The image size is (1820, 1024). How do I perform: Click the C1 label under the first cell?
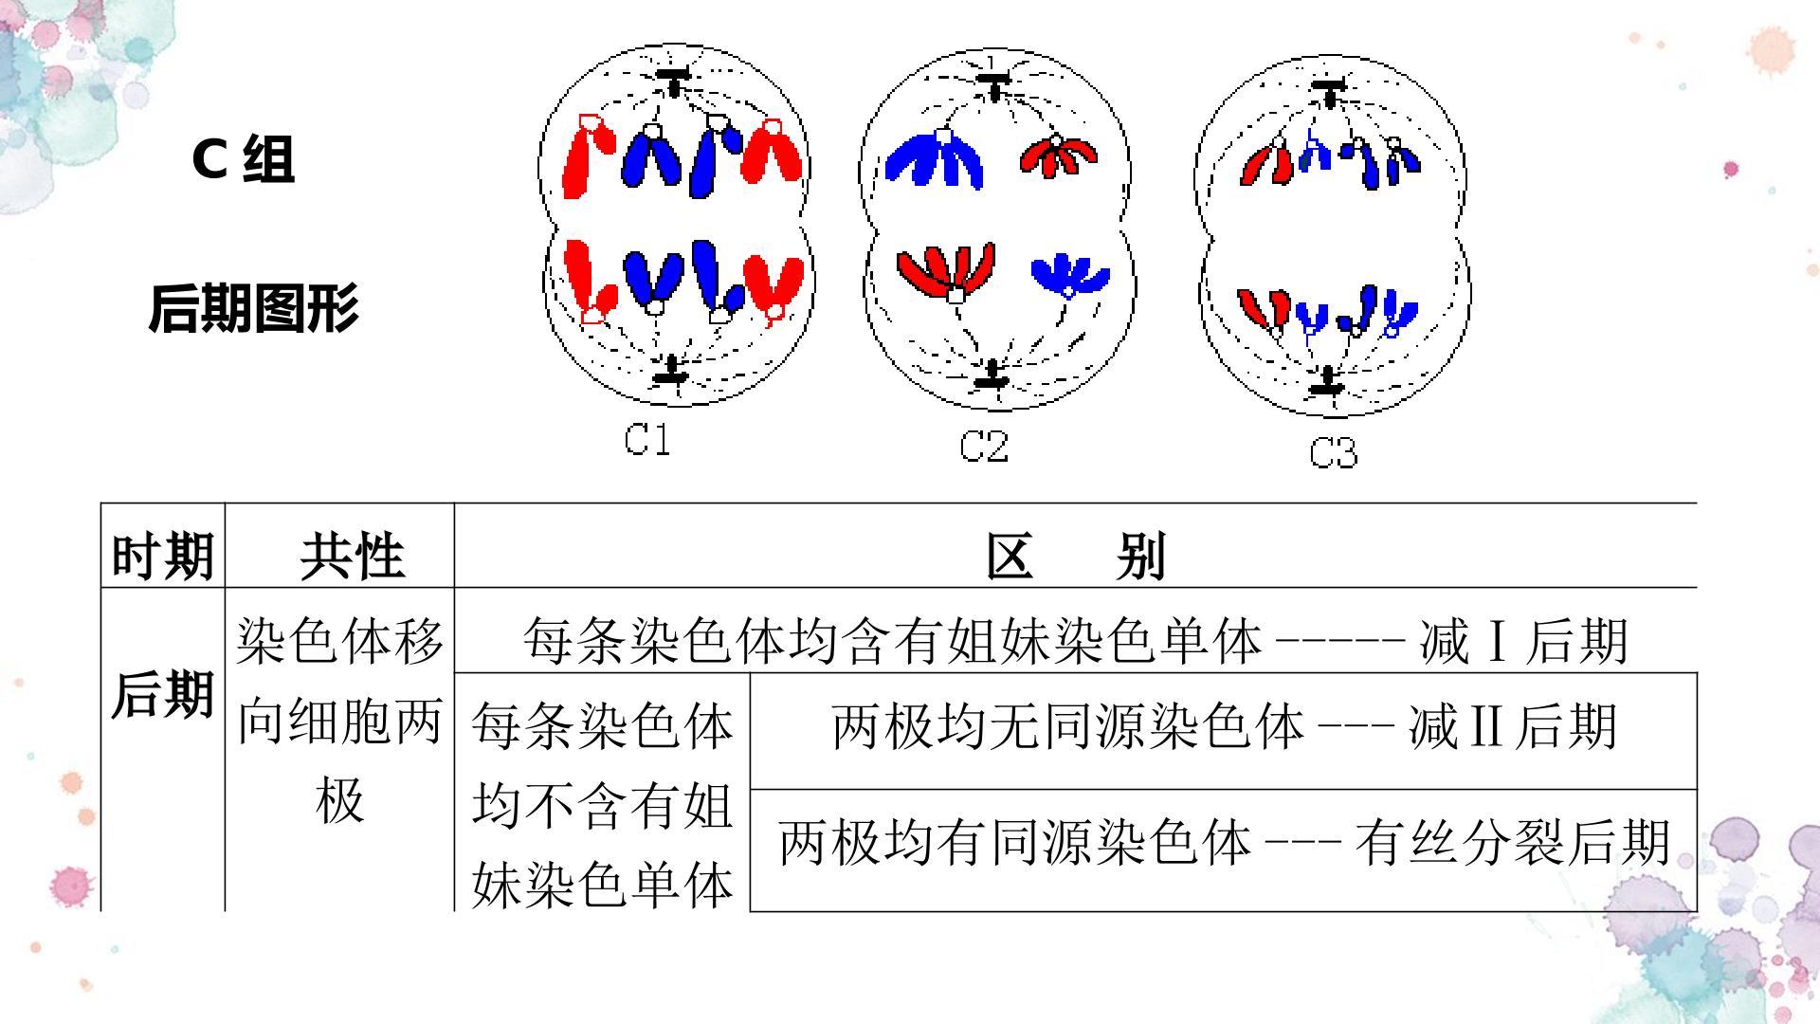click(648, 439)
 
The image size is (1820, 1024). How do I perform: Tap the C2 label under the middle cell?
click(984, 446)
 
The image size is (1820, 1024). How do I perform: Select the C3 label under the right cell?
click(1333, 452)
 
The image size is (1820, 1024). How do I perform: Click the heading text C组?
click(244, 159)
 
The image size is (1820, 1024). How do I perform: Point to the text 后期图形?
click(254, 308)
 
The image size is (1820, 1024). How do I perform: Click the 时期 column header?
click(163, 556)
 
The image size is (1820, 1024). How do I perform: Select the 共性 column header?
click(353, 556)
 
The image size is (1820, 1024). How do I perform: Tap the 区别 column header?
click(1075, 556)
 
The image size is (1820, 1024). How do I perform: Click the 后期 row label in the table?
click(162, 695)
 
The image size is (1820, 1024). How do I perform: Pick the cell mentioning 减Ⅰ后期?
click(1076, 641)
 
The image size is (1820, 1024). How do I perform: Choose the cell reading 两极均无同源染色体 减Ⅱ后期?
click(1224, 727)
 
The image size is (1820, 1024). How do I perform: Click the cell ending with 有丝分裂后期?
click(1224, 842)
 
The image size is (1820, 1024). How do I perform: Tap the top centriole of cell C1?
click(674, 81)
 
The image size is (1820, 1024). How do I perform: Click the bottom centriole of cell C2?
click(993, 373)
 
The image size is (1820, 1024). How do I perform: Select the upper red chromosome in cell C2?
click(1060, 156)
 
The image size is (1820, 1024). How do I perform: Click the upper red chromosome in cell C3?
click(1267, 165)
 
